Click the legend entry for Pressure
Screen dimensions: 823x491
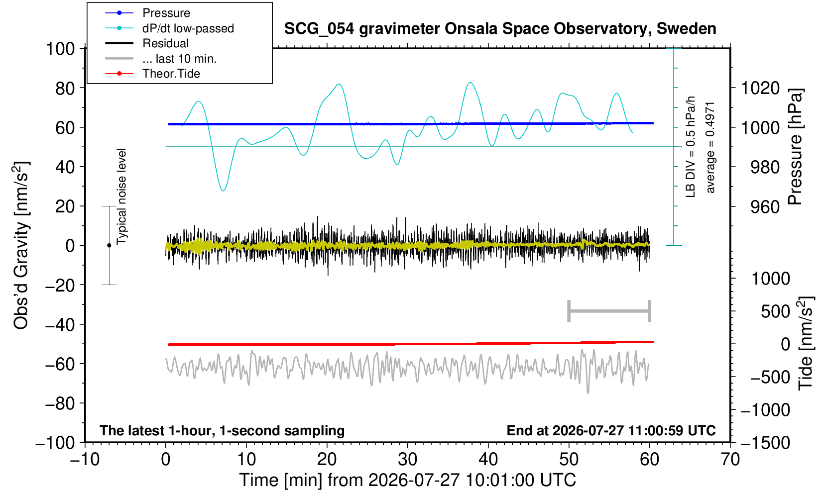click(148, 13)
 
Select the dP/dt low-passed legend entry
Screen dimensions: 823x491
click(169, 28)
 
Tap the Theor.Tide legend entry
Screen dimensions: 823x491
click(152, 74)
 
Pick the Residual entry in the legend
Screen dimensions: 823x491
click(147, 43)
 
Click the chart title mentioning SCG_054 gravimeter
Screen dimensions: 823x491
click(500, 29)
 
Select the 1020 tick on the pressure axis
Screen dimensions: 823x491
click(760, 88)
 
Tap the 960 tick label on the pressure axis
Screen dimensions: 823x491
click(765, 207)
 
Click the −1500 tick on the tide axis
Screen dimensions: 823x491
click(765, 443)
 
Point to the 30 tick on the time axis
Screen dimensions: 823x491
click(407, 459)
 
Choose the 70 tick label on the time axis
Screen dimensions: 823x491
click(730, 459)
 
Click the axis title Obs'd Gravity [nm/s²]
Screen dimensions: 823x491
click(20, 245)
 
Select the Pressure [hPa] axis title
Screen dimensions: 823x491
click(796, 147)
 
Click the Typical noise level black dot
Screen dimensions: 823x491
click(109, 245)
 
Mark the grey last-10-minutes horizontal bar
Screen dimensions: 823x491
click(609, 311)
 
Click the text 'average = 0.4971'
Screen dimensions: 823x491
click(710, 148)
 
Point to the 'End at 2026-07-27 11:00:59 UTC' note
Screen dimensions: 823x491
click(611, 430)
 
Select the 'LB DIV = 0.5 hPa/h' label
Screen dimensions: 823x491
click(691, 147)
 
